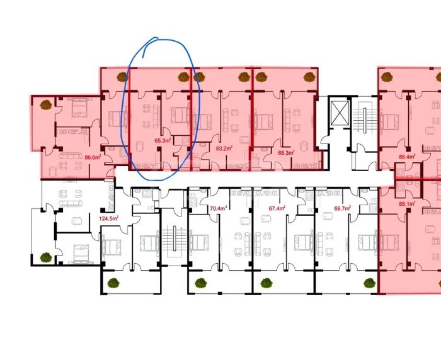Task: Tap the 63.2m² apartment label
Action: coord(224,148)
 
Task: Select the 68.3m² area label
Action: coord(286,152)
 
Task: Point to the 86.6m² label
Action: coord(93,157)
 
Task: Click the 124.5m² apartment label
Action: coord(109,218)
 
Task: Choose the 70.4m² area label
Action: coord(219,208)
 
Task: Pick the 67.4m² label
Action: coord(277,208)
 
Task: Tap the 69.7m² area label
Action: coord(342,208)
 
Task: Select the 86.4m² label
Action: coord(407,157)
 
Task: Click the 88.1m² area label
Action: coord(407,203)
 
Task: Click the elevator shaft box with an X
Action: coord(340,113)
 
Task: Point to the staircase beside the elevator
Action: coord(365,116)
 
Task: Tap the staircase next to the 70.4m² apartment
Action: coord(175,239)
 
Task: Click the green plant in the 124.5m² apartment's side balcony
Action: coord(45,257)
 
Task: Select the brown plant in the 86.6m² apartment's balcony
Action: coord(46,105)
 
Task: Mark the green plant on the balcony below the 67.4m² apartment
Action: coord(266,283)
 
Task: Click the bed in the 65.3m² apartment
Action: coord(180,115)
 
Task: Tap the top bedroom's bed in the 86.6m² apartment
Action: coord(80,108)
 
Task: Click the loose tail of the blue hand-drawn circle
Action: coord(144,57)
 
